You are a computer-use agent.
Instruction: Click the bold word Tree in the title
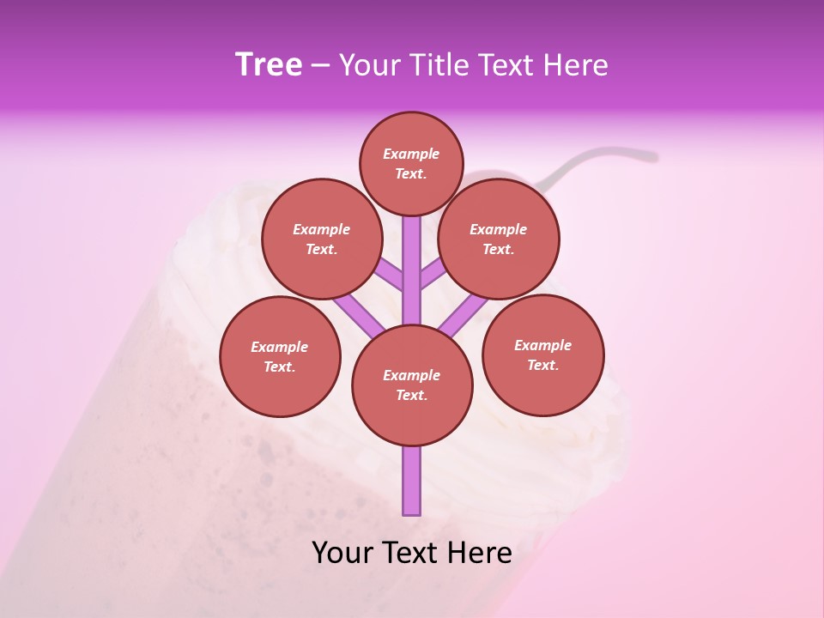point(269,64)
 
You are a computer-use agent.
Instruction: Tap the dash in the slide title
point(320,66)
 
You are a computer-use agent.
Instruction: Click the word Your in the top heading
point(369,64)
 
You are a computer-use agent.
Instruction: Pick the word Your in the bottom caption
point(342,552)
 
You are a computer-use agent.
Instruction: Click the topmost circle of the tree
point(411,163)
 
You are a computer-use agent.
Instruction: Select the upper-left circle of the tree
point(321,239)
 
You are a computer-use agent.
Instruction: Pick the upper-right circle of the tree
point(499,239)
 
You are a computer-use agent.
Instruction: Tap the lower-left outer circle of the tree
point(280,356)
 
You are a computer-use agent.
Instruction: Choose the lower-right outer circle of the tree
point(542,354)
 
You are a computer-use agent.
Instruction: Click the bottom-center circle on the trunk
point(412,385)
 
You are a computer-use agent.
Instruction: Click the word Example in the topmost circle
point(411,154)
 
